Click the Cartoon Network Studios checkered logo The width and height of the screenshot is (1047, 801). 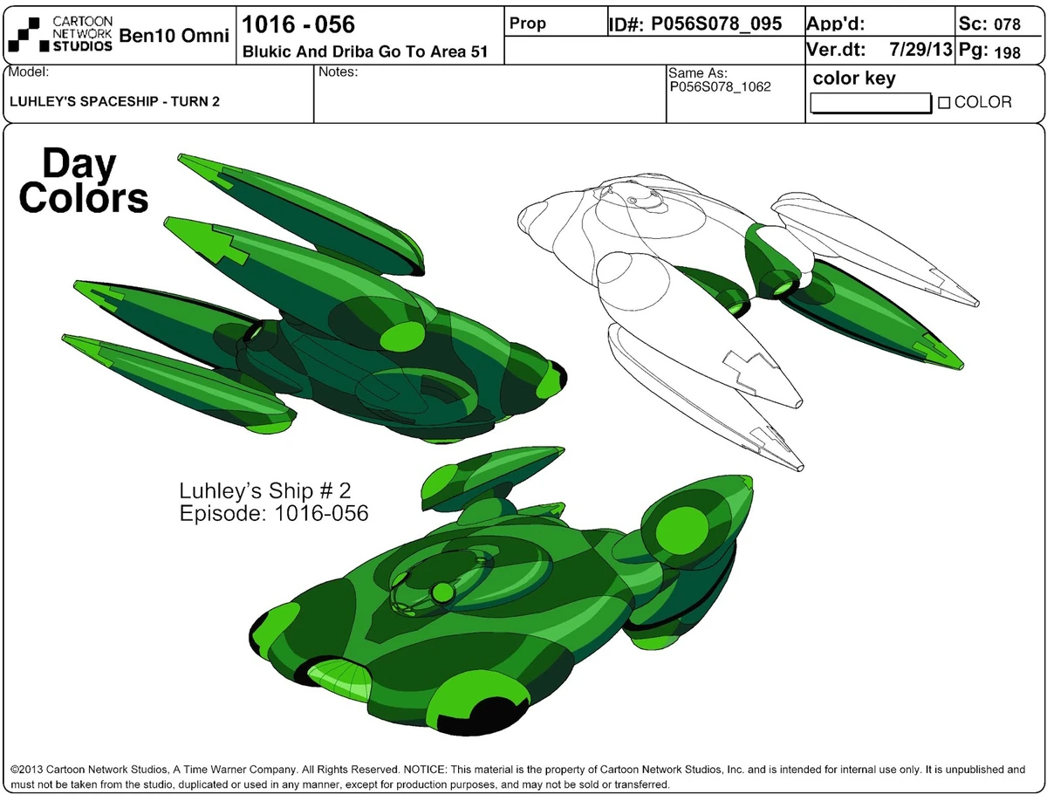pyautogui.click(x=24, y=34)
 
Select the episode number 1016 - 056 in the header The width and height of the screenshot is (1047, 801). pyautogui.click(x=298, y=24)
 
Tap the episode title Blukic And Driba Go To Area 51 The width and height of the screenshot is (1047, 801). pyautogui.click(x=365, y=51)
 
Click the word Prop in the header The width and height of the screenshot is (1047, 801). pyautogui.click(x=527, y=23)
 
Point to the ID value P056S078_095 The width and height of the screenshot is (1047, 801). pyautogui.click(x=716, y=24)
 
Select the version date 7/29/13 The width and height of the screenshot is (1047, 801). pyautogui.click(x=920, y=49)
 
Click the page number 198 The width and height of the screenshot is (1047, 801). pyautogui.click(x=1007, y=52)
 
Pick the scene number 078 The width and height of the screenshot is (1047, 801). pyautogui.click(x=1007, y=24)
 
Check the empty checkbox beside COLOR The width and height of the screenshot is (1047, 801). pyautogui.click(x=943, y=103)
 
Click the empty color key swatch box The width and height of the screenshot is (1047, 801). pyautogui.click(x=871, y=103)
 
